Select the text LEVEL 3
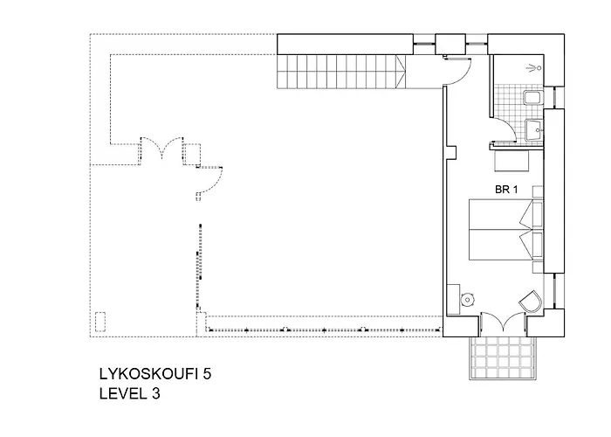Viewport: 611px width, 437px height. (x=130, y=394)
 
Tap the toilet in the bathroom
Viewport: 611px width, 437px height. (x=531, y=99)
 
